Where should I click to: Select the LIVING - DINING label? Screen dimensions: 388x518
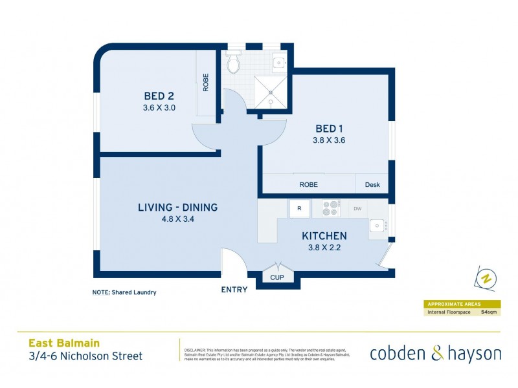[x=177, y=208]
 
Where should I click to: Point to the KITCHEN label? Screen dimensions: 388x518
[x=323, y=236]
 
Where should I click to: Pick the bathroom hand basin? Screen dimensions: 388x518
[x=278, y=62]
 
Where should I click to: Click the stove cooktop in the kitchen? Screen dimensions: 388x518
[x=330, y=208]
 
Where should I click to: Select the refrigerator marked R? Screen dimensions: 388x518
[x=299, y=208]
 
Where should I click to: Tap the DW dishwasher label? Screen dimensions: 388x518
[x=357, y=208]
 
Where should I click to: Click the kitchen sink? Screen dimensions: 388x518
[x=376, y=226]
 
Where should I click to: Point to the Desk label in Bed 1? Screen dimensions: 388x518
[x=372, y=184]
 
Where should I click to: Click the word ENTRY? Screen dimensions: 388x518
[x=234, y=290]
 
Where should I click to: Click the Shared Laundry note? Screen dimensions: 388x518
[x=124, y=292]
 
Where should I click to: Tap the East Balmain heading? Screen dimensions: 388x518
[x=64, y=343]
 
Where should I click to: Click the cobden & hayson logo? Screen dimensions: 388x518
[x=435, y=353]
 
